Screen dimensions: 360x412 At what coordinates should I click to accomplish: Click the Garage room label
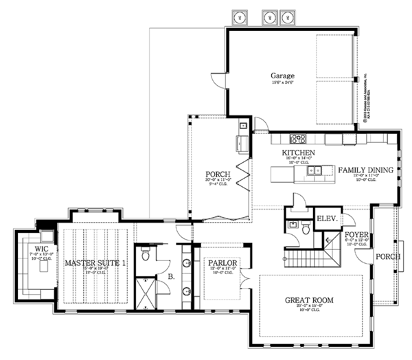pyautogui.click(x=282, y=76)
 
